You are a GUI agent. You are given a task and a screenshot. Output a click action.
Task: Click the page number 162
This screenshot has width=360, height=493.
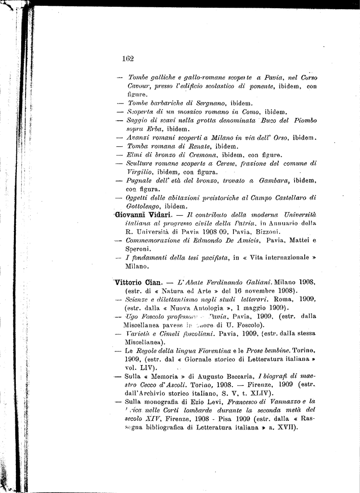click(128, 59)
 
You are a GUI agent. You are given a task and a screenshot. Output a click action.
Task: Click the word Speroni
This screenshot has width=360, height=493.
click(138, 249)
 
